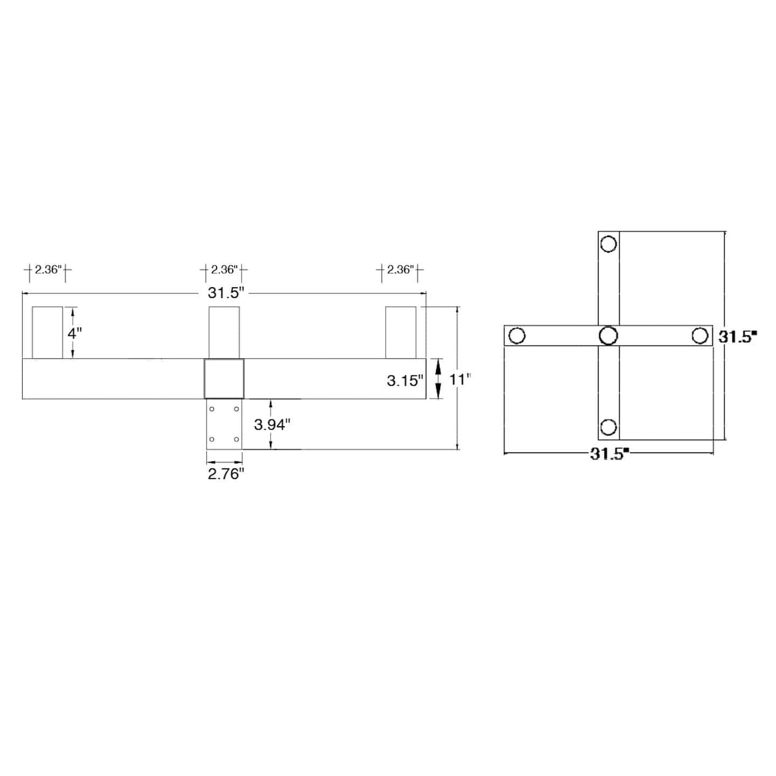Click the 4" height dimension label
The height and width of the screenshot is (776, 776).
tap(74, 333)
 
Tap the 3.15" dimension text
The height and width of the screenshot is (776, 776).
tap(405, 381)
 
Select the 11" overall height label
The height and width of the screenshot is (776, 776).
tap(460, 379)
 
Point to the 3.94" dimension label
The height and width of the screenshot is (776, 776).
tap(272, 425)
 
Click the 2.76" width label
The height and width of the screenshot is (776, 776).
tap(226, 474)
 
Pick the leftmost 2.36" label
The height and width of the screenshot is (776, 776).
tap(48, 269)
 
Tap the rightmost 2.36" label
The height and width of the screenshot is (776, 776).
tap(401, 269)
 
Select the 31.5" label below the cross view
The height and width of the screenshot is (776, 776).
tap(609, 454)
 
